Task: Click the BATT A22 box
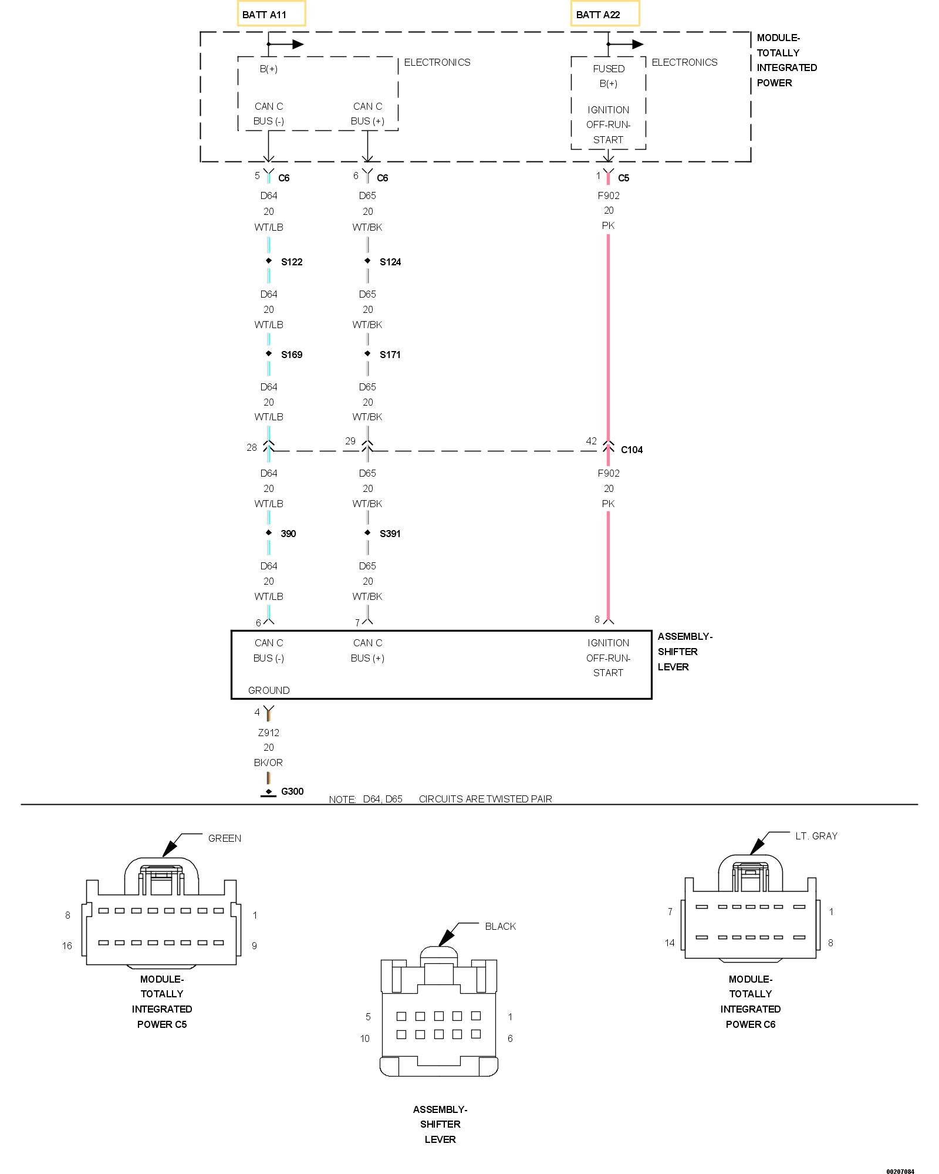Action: [x=604, y=14]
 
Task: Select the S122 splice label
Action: [x=292, y=262]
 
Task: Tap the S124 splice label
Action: [x=390, y=262]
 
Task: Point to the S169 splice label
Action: [x=292, y=355]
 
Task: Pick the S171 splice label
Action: [x=390, y=355]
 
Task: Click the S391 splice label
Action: [x=390, y=534]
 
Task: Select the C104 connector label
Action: [x=632, y=450]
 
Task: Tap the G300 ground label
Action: [x=292, y=791]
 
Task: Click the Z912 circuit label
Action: [x=269, y=733]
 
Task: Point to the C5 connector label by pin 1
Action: [x=624, y=178]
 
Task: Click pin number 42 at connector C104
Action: [x=591, y=441]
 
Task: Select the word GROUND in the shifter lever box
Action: [x=269, y=690]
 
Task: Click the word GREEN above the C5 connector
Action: [x=225, y=838]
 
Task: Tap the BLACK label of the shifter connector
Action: [x=501, y=926]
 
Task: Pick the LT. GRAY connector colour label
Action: [x=816, y=836]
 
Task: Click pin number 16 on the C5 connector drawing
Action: [x=67, y=946]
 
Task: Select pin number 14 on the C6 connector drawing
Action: [x=670, y=943]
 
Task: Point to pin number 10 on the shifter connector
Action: [x=365, y=1038]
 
